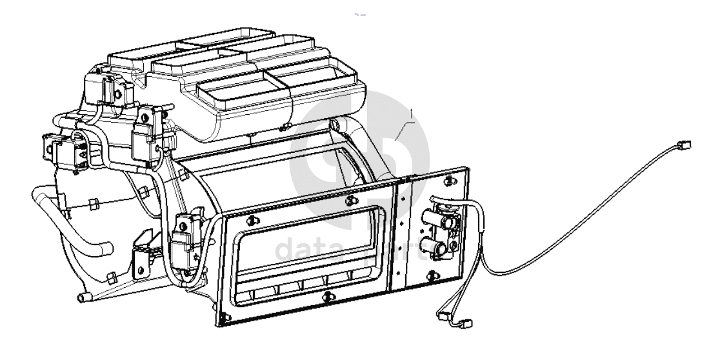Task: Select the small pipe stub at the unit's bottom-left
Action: pyautogui.click(x=81, y=298)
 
